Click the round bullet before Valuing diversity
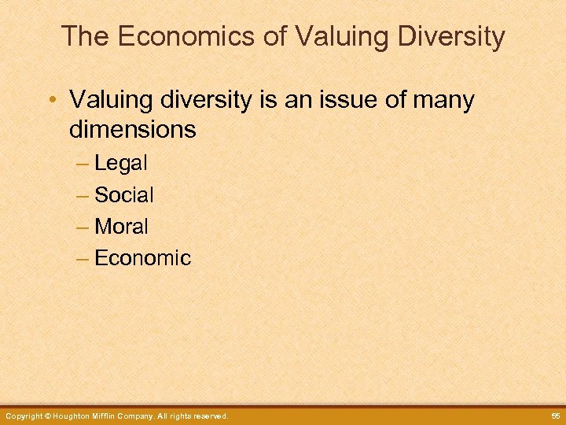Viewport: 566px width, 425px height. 51,101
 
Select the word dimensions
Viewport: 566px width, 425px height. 132,129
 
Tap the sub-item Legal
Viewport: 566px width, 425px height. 121,164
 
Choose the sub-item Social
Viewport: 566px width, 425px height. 124,195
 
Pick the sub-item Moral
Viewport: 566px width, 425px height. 122,227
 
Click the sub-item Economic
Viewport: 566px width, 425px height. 142,258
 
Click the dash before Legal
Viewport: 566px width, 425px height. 83,164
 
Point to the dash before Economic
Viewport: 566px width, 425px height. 83,258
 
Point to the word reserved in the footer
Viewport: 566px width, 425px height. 207,416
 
